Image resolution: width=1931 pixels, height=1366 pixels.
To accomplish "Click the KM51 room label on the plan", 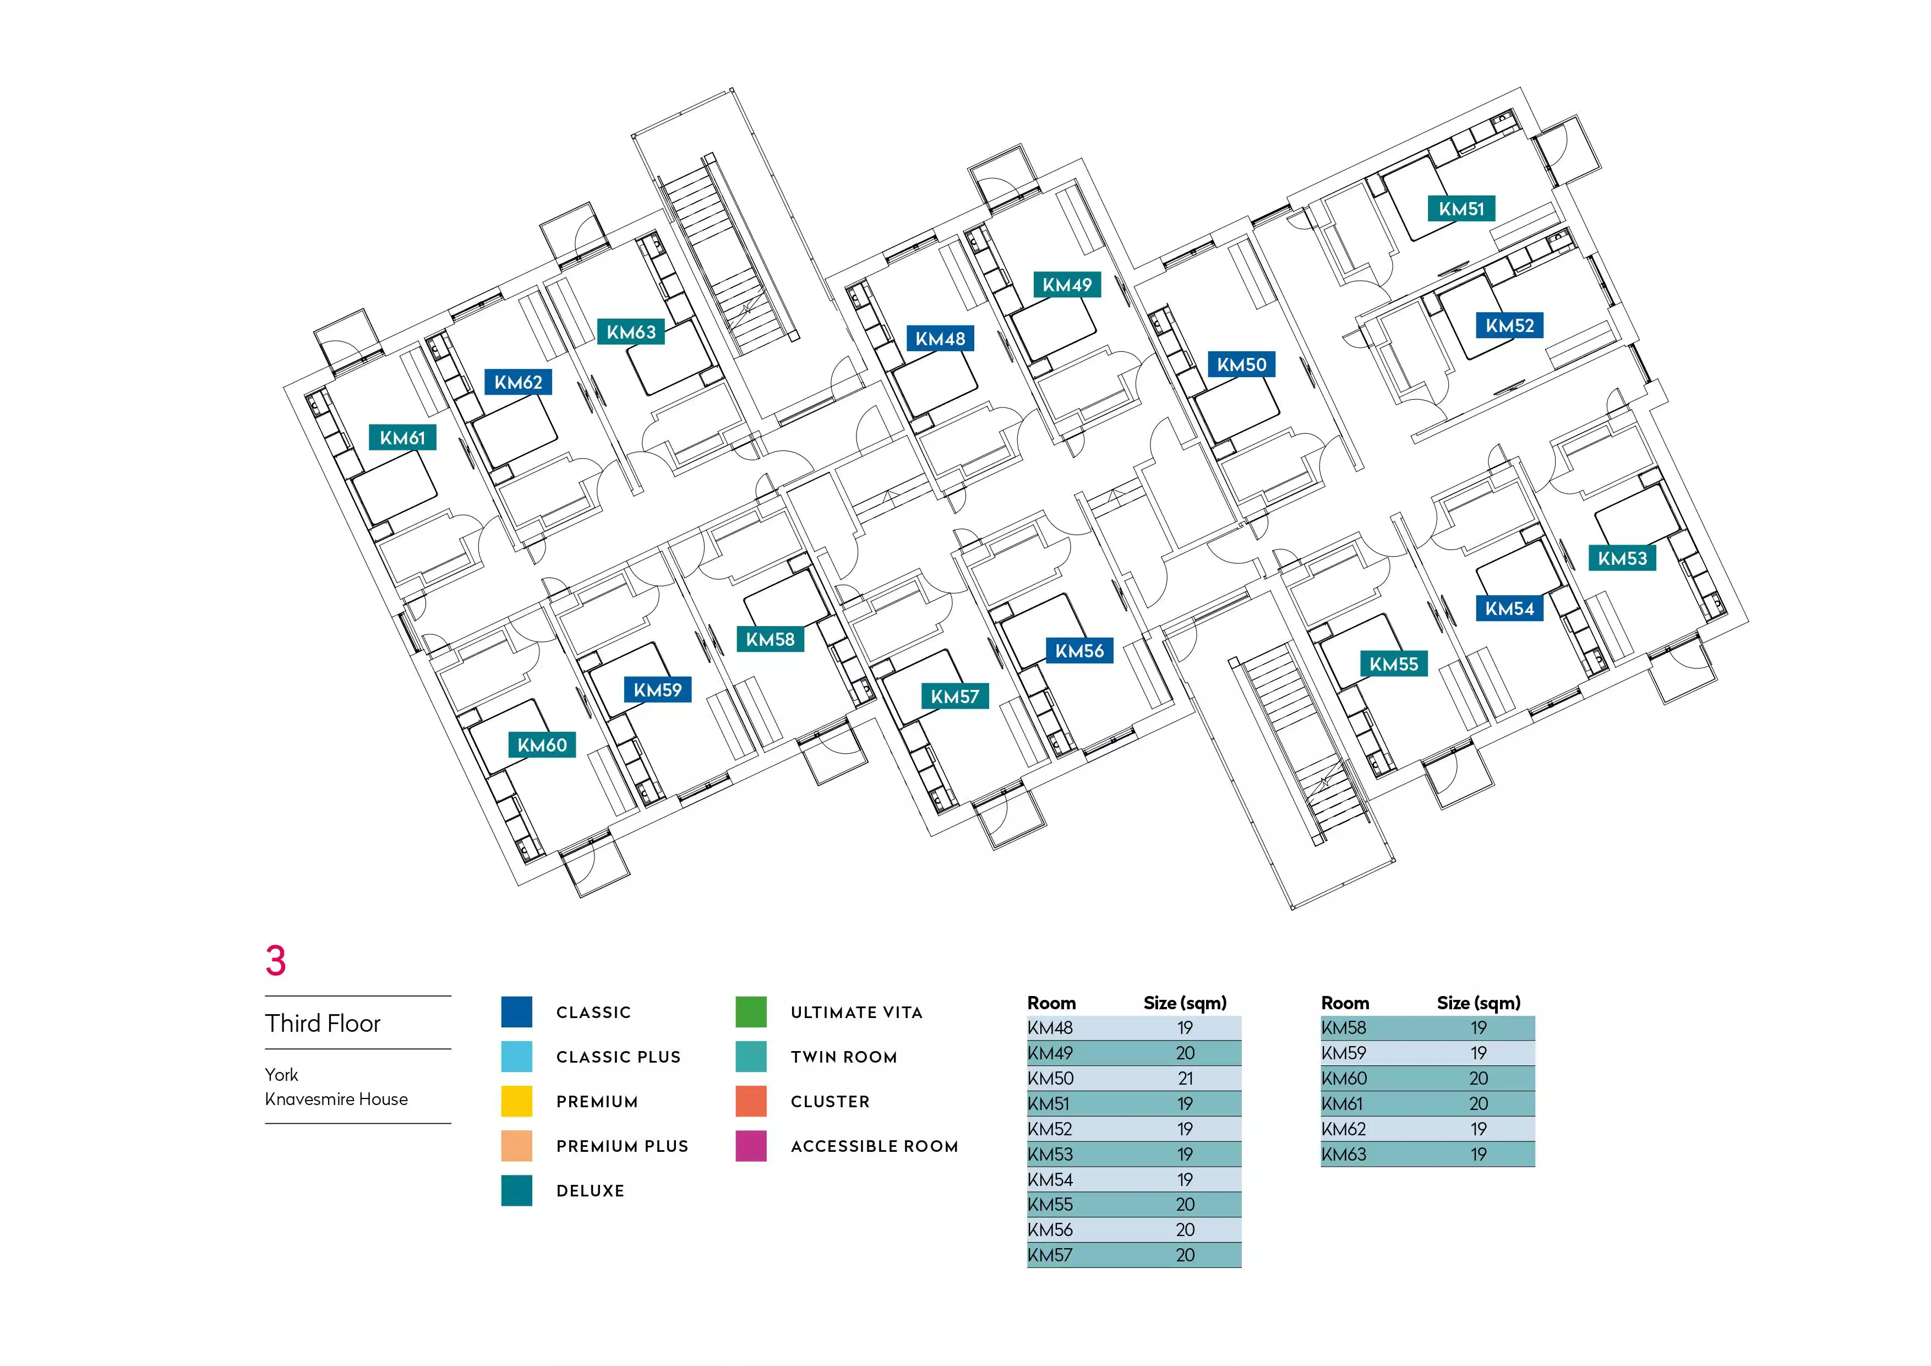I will pos(1461,209).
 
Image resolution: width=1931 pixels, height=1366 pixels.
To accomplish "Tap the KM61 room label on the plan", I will pos(402,437).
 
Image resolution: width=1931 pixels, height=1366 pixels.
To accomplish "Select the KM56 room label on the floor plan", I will pos(1079,650).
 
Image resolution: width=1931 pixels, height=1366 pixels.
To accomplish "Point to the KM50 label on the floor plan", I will pos(1241,364).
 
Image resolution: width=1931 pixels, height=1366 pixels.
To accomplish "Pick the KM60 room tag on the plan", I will pos(542,744).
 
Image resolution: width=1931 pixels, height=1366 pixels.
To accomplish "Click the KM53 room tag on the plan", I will pos(1622,558).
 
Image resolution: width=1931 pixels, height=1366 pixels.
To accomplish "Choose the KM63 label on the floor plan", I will pos(631,331).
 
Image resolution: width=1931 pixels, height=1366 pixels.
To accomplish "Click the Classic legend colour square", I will pos(516,1012).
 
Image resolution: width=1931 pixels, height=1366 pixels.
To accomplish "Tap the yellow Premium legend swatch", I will pos(516,1101).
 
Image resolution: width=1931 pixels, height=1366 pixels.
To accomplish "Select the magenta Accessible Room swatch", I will pos(751,1146).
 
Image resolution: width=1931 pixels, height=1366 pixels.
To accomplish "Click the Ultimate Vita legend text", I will pos(856,1013).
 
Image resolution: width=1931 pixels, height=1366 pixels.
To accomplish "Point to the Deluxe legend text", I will pos(591,1191).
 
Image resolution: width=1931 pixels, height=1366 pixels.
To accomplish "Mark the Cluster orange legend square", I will pos(751,1101).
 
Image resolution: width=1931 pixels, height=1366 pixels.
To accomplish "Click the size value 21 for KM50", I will pos(1185,1079).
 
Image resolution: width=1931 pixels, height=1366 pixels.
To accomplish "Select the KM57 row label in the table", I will pos(1050,1255).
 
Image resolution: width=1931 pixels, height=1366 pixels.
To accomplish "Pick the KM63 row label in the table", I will pos(1344,1154).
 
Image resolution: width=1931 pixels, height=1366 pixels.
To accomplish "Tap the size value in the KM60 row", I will pos(1479,1079).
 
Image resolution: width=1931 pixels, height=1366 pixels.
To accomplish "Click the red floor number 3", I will pos(276,961).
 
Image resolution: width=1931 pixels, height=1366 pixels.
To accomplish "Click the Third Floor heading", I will pos(323,1023).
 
